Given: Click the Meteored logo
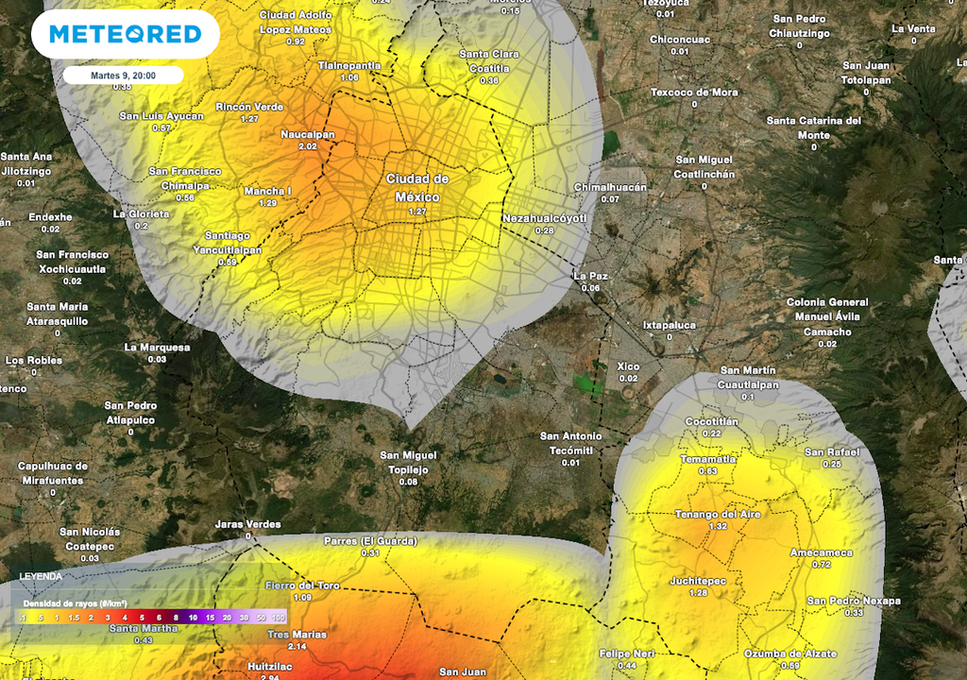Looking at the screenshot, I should pos(125,35).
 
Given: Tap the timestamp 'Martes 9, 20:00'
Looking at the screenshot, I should pos(124,76).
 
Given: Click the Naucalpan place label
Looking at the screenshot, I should pos(308,135).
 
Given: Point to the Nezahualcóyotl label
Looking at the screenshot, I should pos(545,218).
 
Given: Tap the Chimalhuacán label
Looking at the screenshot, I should pos(610,187).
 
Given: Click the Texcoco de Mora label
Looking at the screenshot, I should pos(694,93).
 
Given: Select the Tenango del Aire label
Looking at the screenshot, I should pos(719,515).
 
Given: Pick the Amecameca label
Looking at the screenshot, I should pos(821,552).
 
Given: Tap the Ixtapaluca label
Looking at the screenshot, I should pos(670,325).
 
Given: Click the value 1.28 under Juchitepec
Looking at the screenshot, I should pos(698,593).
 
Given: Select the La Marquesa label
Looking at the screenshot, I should pos(157,347).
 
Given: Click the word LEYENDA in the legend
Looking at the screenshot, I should pos(42,575).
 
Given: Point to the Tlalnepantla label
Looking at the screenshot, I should pos(348,65).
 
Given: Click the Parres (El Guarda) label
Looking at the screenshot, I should pos(370,541).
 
